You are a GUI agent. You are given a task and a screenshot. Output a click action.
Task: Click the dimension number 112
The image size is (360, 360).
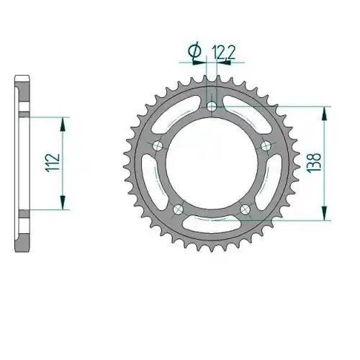point(53,162)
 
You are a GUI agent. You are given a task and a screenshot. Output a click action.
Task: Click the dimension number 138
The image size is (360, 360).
point(314,162)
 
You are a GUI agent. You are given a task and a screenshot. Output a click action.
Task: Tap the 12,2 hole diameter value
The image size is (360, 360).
point(223,53)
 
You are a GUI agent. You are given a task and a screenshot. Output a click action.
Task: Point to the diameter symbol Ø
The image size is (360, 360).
point(195,51)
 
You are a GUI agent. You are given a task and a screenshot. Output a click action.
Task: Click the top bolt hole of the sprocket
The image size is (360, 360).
point(212,107)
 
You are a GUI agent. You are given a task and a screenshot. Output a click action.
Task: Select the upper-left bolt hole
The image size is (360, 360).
point(158,145)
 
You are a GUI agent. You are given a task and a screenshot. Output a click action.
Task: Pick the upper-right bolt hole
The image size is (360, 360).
point(266,145)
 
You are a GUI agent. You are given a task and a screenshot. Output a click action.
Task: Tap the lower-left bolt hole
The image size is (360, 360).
point(178,209)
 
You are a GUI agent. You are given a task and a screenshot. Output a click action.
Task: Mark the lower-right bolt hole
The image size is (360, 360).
point(245,209)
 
